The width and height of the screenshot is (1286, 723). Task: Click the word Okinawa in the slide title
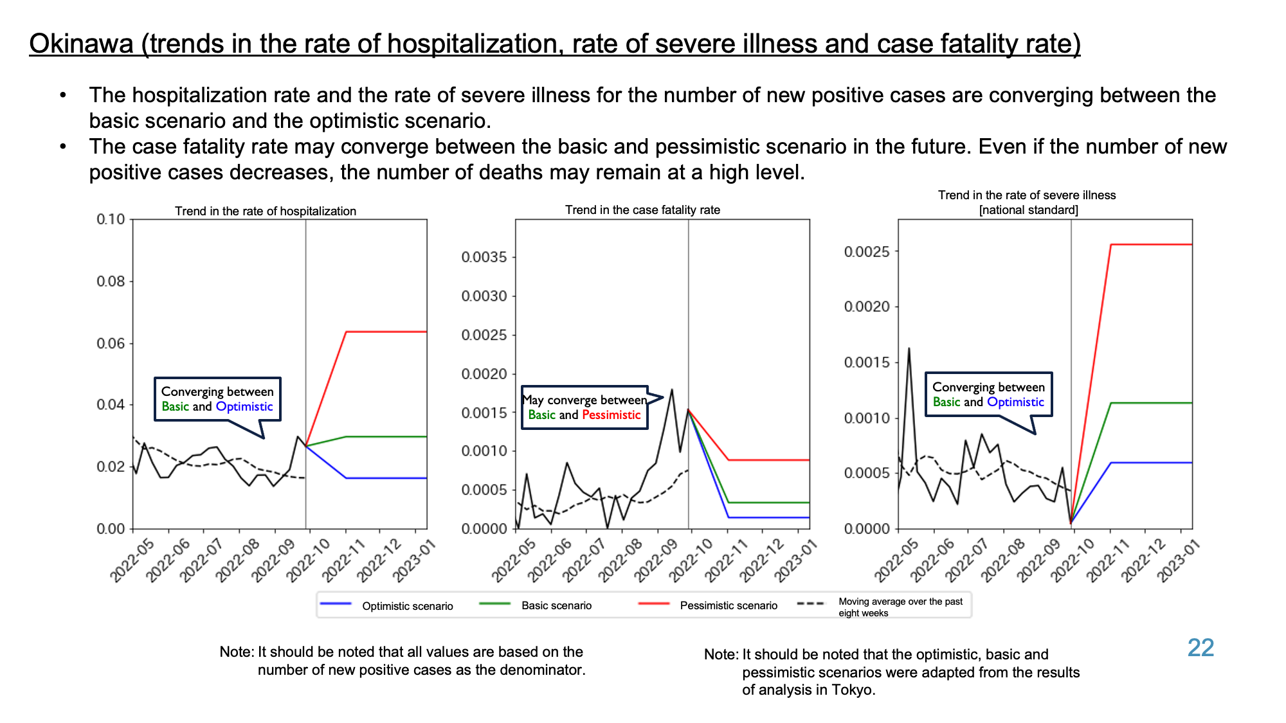tap(81, 44)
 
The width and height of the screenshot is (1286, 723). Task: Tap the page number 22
tap(1200, 648)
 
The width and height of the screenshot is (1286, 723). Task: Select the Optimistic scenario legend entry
tap(386, 605)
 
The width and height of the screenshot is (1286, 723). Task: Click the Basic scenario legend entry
tap(536, 605)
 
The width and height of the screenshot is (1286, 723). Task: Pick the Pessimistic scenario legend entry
tap(707, 605)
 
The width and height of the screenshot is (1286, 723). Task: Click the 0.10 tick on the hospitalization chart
tap(111, 219)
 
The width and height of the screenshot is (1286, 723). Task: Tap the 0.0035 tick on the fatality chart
tap(484, 257)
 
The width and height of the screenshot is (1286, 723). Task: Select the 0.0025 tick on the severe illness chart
tap(867, 251)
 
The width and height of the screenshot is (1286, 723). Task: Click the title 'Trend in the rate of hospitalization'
tap(266, 211)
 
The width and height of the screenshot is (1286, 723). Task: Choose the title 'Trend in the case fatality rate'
tap(642, 210)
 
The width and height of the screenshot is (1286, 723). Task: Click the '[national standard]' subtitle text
tap(1028, 210)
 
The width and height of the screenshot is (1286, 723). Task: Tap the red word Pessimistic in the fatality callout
tap(611, 415)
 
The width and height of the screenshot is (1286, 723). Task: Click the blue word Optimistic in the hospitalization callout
tap(244, 406)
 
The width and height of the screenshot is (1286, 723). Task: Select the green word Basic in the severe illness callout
tap(946, 402)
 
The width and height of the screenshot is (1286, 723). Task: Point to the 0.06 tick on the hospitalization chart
tap(111, 343)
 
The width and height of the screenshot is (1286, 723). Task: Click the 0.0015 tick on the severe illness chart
tap(867, 362)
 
